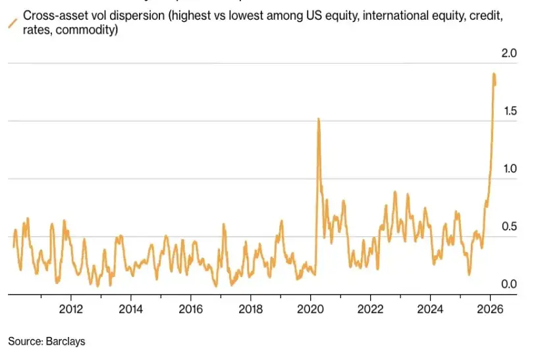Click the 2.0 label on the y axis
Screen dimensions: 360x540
[x=510, y=53]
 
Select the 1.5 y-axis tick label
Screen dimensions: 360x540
[x=510, y=111]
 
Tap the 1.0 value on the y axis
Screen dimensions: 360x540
[x=510, y=169]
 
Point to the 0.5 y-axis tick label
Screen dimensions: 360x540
[x=510, y=227]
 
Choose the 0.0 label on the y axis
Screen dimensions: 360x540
[x=510, y=284]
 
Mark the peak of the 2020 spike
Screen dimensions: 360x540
[x=319, y=119]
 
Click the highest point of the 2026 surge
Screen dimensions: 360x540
[x=494, y=74]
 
